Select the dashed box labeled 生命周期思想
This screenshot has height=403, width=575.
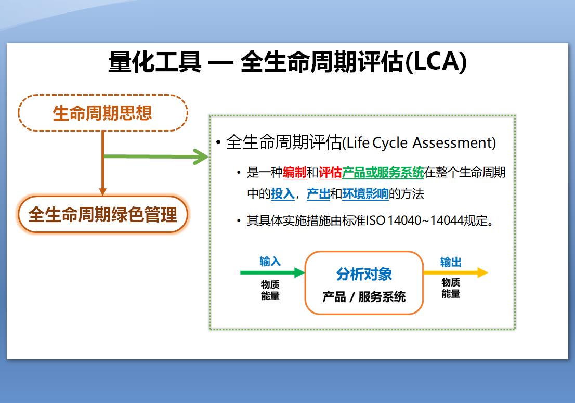click(103, 113)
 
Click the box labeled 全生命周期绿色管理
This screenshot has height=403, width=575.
click(103, 214)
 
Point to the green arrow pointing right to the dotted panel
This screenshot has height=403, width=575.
click(156, 156)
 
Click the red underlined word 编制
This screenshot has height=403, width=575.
click(294, 173)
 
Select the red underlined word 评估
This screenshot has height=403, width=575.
click(330, 173)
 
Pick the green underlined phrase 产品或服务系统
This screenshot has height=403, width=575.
click(383, 173)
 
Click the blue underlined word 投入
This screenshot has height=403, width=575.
click(282, 194)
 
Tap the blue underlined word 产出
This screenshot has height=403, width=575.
click(318, 194)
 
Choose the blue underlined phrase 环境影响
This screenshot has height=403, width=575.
click(365, 194)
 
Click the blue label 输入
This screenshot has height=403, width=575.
click(270, 261)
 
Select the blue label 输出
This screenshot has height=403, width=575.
click(450, 262)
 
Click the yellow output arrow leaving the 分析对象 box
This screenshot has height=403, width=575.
click(455, 272)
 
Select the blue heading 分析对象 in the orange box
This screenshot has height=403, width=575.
click(364, 274)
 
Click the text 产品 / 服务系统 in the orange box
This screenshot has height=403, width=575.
click(364, 297)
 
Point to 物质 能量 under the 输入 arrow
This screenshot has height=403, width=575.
click(270, 290)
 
